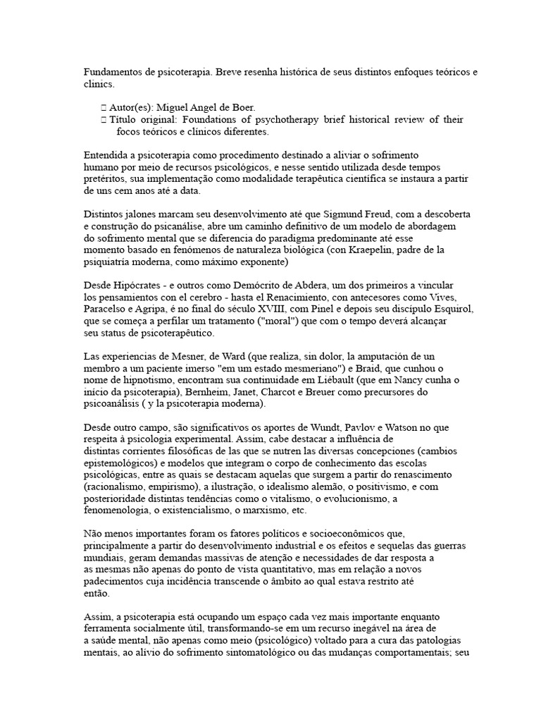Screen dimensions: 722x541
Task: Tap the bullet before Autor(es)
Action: (104, 107)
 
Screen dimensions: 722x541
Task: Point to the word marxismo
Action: (263, 510)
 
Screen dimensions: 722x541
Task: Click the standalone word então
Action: (97, 594)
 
